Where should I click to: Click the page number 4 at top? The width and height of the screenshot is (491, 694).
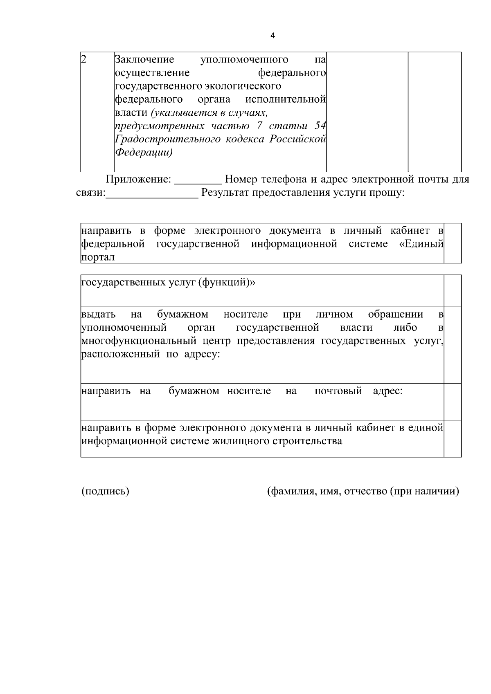[273, 36]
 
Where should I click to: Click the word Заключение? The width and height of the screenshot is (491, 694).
[144, 60]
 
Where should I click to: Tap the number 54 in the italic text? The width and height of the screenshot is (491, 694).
[320, 126]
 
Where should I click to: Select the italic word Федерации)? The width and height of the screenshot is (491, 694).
[144, 153]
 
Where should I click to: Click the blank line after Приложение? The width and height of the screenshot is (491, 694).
[198, 181]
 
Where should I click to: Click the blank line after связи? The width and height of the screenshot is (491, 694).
[152, 194]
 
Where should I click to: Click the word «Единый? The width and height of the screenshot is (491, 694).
[421, 244]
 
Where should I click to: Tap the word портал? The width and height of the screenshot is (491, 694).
[98, 257]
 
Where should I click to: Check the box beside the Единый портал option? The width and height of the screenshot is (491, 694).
[453, 243]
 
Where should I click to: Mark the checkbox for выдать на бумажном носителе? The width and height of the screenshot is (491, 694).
[453, 345]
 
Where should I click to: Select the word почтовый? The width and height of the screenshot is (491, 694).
[338, 391]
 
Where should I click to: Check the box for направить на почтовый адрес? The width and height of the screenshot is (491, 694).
[453, 402]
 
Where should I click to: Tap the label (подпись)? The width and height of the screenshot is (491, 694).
[106, 491]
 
